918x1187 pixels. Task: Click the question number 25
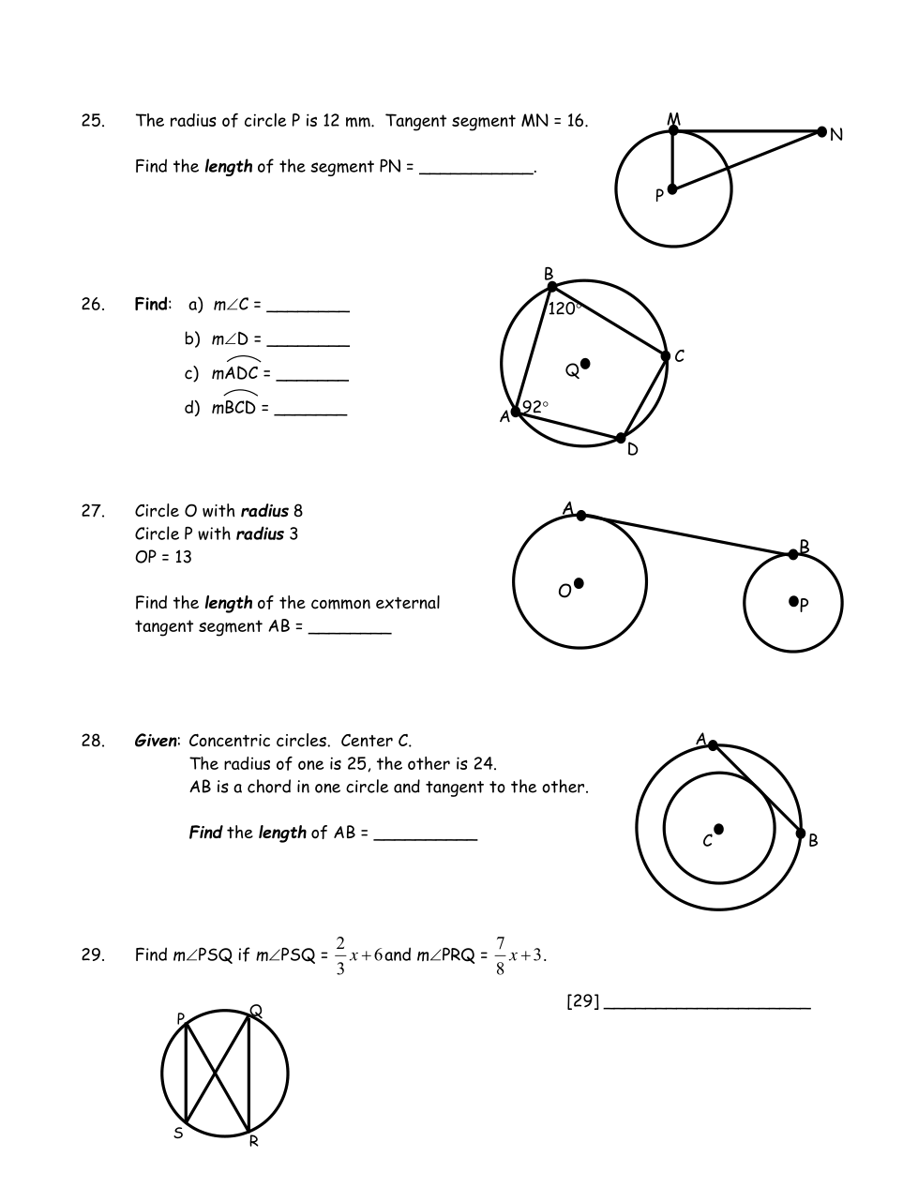(93, 121)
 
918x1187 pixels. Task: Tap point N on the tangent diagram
(822, 132)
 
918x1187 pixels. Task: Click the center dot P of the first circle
(671, 189)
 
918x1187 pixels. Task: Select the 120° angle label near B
(564, 308)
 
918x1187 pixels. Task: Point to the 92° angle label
(535, 407)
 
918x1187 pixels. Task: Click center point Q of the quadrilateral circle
(585, 364)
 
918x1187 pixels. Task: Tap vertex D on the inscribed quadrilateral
(621, 438)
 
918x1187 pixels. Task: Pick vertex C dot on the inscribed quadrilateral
(666, 356)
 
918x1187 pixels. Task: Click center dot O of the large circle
(579, 583)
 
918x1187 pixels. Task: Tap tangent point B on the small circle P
(793, 555)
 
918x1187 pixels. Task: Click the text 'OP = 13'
(163, 557)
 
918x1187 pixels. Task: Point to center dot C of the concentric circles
(718, 829)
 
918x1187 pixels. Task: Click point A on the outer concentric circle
(713, 745)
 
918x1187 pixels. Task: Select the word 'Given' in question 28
(155, 741)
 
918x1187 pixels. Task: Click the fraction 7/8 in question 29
(500, 955)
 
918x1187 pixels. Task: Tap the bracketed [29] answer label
(582, 1001)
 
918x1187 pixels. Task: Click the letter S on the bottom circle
(178, 1134)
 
